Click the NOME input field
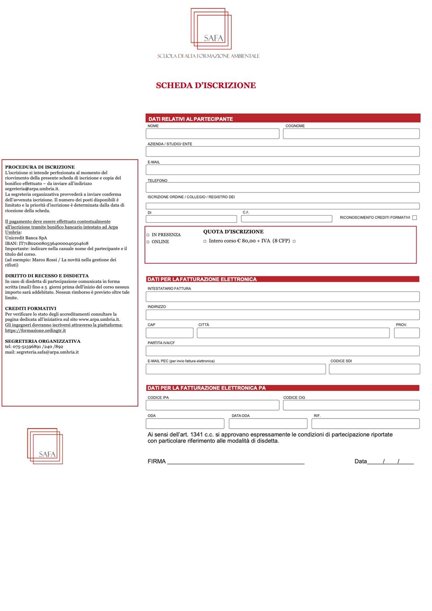tap(212, 134)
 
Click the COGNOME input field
tap(351, 134)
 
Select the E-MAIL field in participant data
tap(283, 170)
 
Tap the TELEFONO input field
tap(283, 188)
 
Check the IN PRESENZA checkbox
tap(148, 235)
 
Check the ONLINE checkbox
tap(148, 242)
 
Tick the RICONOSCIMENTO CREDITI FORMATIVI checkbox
tap(414, 218)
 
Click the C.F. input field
tap(287, 219)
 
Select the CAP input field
tap(170, 333)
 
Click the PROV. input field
tap(407, 333)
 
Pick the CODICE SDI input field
tap(374, 369)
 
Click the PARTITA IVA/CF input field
tap(283, 351)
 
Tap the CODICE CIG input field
tap(351, 405)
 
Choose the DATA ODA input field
tap(268, 423)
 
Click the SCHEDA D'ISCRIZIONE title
tap(206, 85)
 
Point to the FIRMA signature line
tap(236, 461)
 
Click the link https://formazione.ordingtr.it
tap(35, 331)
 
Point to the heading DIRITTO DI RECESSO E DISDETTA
tap(47, 276)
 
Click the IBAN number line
tap(47, 243)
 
